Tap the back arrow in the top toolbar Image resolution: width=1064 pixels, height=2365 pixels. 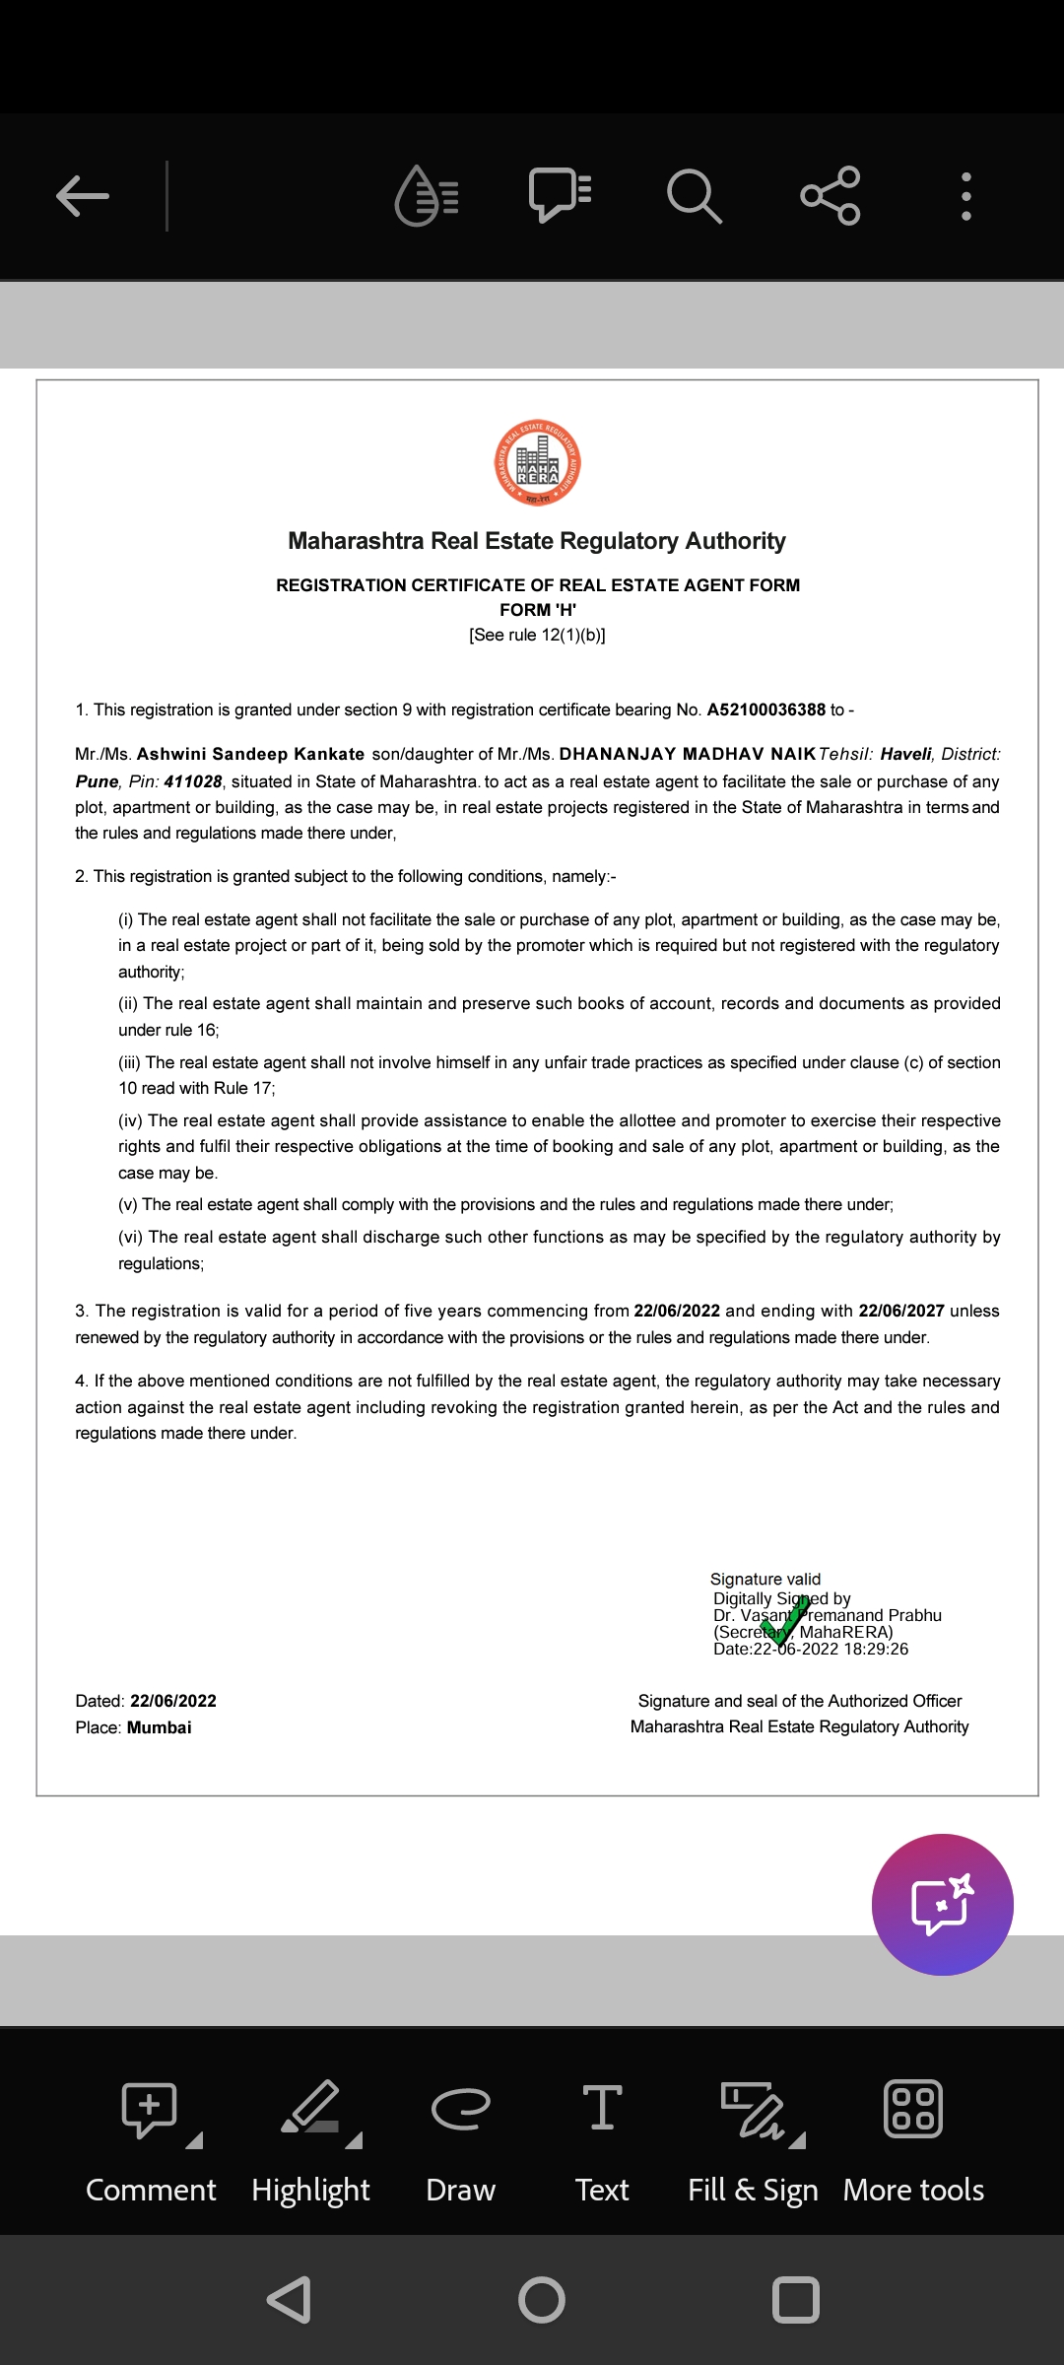[x=83, y=196]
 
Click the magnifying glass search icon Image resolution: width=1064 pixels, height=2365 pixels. [x=694, y=195]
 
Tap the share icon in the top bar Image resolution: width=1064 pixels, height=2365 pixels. [x=831, y=195]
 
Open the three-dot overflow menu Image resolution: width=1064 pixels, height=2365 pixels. [x=966, y=196]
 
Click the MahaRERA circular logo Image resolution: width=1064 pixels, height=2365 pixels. [x=537, y=462]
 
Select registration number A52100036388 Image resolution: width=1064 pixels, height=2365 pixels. [x=765, y=709]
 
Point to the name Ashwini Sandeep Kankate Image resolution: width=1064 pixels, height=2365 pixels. [x=250, y=754]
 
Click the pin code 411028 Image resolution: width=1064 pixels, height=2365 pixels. [x=193, y=781]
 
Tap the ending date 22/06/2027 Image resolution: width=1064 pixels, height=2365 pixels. [x=900, y=1311]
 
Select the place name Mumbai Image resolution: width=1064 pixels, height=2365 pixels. [x=159, y=1727]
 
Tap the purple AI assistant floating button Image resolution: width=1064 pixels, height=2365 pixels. [x=942, y=1904]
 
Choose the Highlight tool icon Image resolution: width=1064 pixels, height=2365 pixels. [x=310, y=2108]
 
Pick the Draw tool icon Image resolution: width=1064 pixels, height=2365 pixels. [x=460, y=2108]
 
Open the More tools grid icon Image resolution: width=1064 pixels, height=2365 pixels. [x=913, y=2109]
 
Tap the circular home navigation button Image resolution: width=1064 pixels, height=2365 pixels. [x=541, y=2300]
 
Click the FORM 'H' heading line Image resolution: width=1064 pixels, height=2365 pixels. [x=538, y=610]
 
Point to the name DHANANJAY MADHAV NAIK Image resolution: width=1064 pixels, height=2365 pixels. [x=687, y=754]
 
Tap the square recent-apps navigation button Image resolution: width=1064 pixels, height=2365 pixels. [x=796, y=2300]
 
